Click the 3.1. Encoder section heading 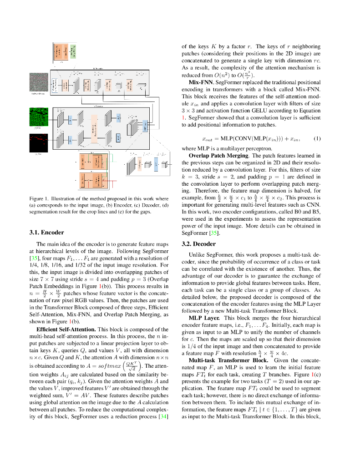(x=47, y=232)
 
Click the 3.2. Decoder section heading (x=199, y=244)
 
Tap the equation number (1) (x=317, y=138)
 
